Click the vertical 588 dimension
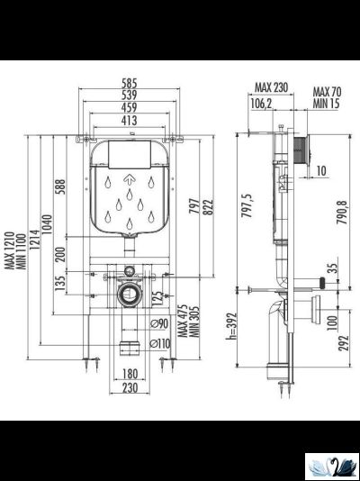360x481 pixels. [61, 187]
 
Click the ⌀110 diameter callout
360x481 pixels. [161, 342]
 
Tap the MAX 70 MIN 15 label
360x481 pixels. [326, 97]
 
